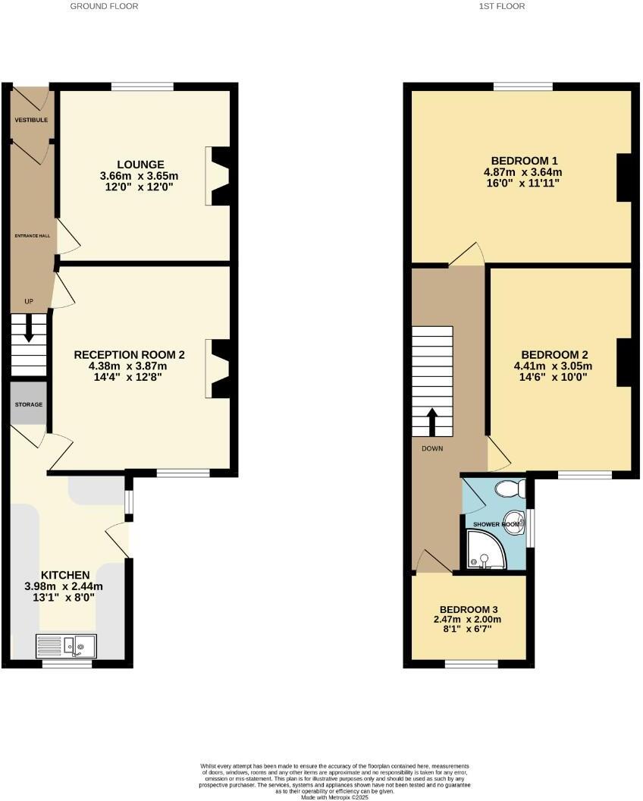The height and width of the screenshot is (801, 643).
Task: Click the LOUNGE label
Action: pos(140,165)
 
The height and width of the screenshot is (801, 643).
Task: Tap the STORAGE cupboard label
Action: pos(29,404)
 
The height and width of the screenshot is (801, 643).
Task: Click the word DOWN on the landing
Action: pos(432,448)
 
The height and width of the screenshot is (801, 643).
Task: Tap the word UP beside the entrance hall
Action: pos(29,302)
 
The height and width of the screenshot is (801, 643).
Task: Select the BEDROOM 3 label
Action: pos(469,609)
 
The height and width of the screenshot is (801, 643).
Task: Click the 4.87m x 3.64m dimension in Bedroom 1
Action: pos(524,172)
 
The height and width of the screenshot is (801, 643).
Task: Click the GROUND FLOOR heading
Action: pos(104,6)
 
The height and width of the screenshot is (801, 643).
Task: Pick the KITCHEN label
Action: pos(66,575)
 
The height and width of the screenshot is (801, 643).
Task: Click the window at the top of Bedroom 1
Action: pos(522,86)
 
